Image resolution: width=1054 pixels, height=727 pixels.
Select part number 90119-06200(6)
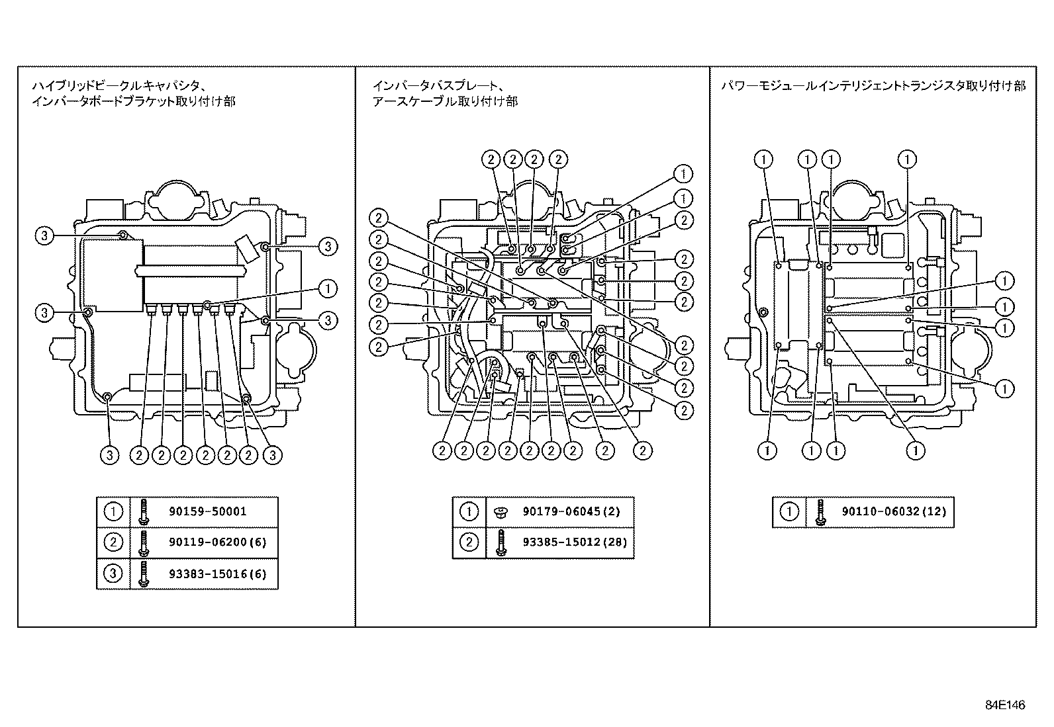217,542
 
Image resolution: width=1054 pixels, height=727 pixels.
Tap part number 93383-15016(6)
217,574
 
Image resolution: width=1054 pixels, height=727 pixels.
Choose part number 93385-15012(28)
575,542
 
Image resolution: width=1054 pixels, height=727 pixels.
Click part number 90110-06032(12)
894,511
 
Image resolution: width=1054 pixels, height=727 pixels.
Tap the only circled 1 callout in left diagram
328,288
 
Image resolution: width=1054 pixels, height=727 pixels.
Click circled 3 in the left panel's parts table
114,574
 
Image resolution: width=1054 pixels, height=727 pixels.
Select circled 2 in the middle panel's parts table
469,542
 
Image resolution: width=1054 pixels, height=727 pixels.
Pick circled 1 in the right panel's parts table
789,511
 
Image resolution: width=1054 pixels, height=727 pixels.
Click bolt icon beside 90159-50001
144,511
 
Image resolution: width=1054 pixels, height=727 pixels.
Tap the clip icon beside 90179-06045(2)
501,511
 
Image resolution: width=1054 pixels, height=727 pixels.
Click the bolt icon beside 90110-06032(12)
820,511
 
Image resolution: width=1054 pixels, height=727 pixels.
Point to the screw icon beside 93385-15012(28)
501,542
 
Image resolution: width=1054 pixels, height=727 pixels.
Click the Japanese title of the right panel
873,86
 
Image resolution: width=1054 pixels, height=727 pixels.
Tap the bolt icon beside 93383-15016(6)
144,574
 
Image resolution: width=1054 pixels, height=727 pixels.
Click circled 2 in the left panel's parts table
114,542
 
